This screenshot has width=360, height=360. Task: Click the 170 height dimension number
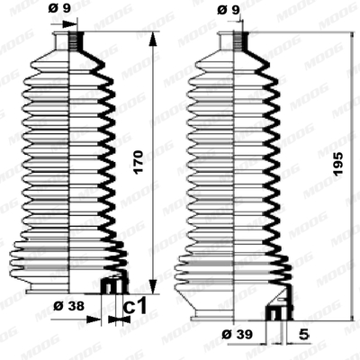tap(139, 162)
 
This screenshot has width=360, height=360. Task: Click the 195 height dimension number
tap(337, 164)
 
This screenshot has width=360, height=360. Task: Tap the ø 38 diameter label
tap(69, 306)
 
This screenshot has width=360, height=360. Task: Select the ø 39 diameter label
tap(238, 334)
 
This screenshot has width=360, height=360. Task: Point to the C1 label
tap(135, 306)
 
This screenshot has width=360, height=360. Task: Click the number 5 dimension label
tap(304, 334)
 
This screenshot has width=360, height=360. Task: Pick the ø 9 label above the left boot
tap(59, 8)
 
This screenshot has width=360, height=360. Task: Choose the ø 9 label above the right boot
tap(229, 10)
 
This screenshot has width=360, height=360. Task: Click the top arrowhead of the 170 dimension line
tap(153, 39)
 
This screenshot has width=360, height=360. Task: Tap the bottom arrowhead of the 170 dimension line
tap(153, 286)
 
